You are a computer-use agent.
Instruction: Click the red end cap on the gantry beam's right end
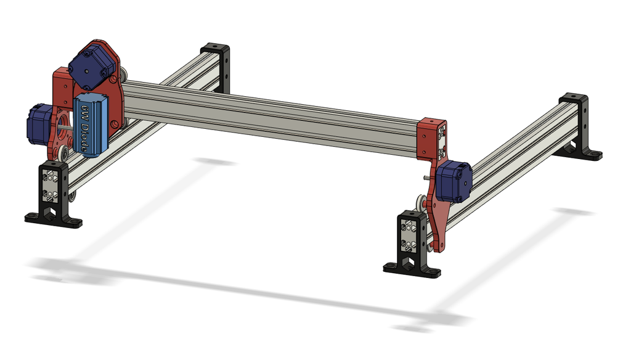pyautogui.click(x=432, y=139)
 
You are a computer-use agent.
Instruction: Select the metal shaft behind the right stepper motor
pyautogui.click(x=429, y=175)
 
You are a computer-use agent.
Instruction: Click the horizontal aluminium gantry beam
pyautogui.click(x=271, y=111)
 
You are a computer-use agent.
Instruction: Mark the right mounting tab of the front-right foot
pyautogui.click(x=434, y=271)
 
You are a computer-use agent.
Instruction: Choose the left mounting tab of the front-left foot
pyautogui.click(x=32, y=216)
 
